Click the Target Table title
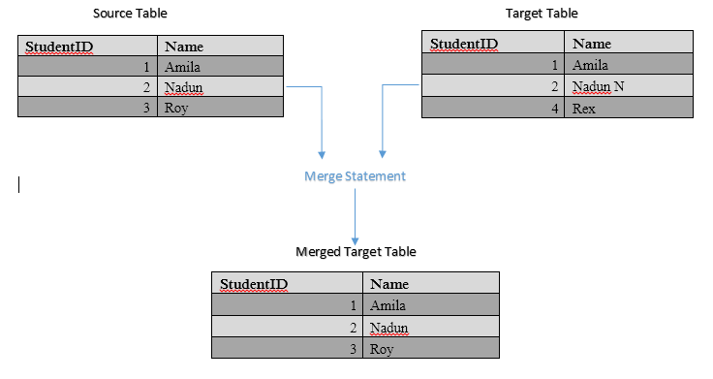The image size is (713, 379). pos(542,14)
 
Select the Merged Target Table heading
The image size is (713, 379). pos(356,251)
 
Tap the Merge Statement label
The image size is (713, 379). pos(355,176)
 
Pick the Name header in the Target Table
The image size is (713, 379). pos(592,44)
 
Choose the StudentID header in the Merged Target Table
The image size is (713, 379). pos(254,284)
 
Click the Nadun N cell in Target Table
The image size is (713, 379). pos(599,87)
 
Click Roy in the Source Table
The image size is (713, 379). pos(175,109)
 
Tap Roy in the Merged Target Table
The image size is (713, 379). pos(381,349)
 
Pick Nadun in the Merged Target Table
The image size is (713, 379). pos(388,328)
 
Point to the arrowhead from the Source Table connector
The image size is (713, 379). pos(322,153)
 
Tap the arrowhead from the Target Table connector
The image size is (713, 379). pos(383,153)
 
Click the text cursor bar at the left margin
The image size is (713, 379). pos(19,184)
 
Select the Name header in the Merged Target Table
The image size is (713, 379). pos(389,284)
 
